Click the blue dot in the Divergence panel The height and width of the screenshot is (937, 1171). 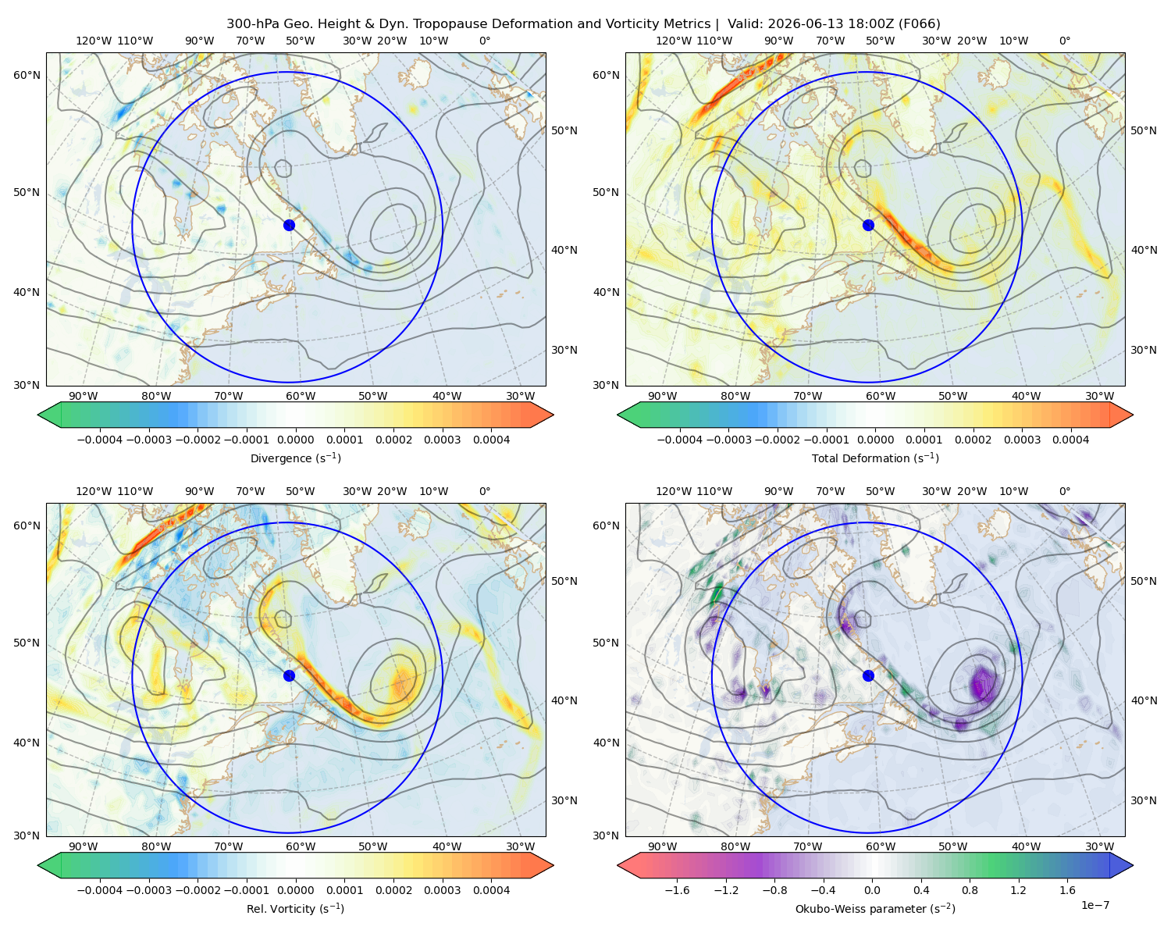[x=289, y=225]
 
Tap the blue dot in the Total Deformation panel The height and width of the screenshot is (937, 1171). [x=868, y=225]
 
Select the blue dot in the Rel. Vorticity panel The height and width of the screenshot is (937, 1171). [x=289, y=675]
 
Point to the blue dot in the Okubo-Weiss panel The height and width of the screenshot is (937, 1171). [x=868, y=675]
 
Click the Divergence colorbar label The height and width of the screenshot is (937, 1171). [x=295, y=458]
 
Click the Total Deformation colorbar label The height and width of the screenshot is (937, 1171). [x=875, y=458]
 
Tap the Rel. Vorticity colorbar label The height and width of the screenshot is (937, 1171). [x=295, y=908]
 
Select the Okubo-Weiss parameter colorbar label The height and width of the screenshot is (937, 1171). [x=875, y=908]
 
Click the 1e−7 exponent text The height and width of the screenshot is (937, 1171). [x=1094, y=905]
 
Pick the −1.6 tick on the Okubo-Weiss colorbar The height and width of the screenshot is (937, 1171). [x=677, y=890]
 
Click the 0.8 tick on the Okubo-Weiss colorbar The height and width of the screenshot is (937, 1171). [x=970, y=890]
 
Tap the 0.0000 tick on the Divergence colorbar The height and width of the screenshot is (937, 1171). [x=295, y=440]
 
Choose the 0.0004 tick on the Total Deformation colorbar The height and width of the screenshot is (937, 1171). [x=1070, y=440]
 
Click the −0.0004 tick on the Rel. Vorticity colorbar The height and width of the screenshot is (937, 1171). [x=100, y=890]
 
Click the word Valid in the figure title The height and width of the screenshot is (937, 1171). [x=741, y=24]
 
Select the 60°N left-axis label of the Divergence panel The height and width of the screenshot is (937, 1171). [x=27, y=75]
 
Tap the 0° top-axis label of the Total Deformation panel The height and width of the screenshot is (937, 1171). [x=1064, y=41]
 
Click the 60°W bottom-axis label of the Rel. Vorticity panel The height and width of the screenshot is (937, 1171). [x=301, y=846]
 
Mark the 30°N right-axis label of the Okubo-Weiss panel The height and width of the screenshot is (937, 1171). [x=1143, y=800]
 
